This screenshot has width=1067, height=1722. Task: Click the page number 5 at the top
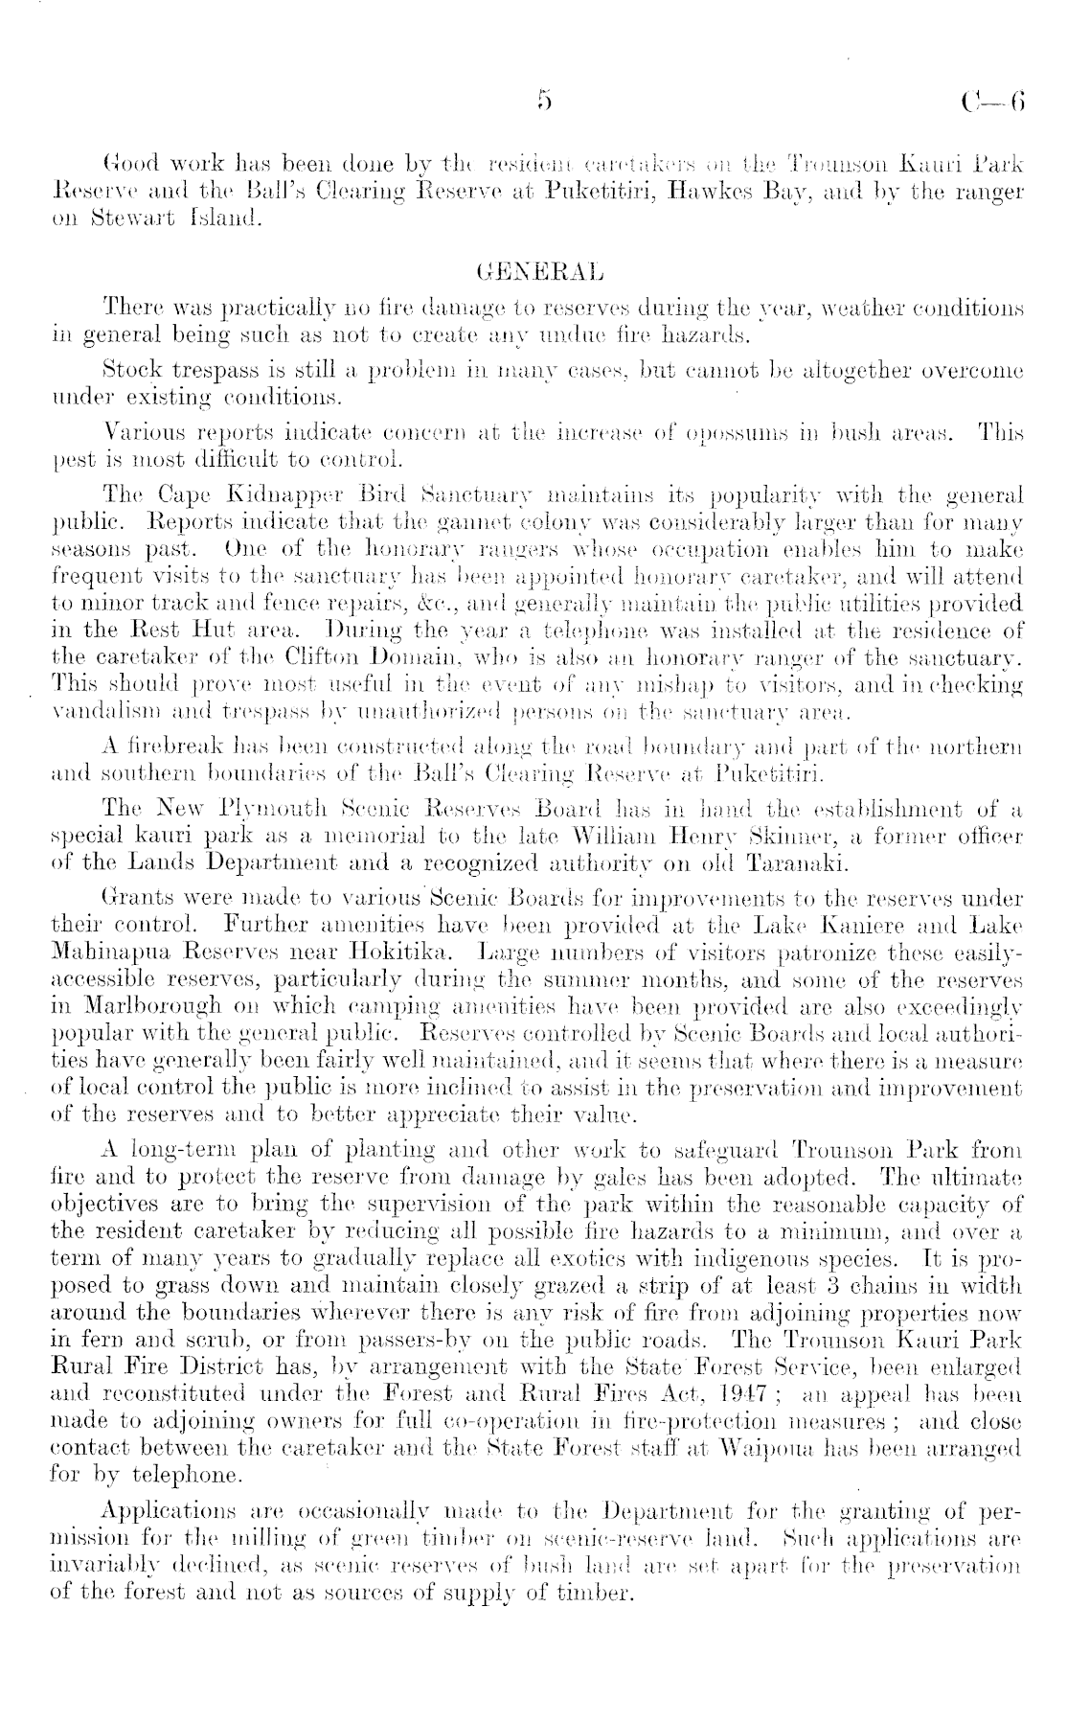pyautogui.click(x=545, y=100)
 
